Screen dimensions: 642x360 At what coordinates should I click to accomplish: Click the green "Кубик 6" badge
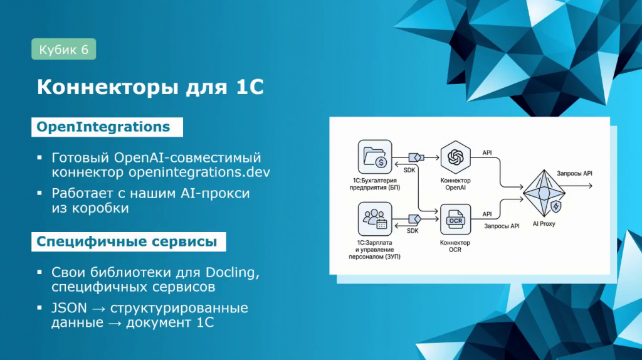[x=64, y=49]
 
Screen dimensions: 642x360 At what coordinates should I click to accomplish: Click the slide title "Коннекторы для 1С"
[x=150, y=87]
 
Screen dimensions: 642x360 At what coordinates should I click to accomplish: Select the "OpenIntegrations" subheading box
[x=107, y=127]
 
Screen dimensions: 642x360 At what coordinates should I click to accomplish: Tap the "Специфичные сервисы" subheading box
[x=129, y=241]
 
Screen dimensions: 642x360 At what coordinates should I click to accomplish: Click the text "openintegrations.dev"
[x=199, y=172]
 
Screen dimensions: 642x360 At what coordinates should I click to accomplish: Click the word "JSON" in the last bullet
[x=69, y=308]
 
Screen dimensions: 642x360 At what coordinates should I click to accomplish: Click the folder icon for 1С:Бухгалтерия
[x=375, y=157]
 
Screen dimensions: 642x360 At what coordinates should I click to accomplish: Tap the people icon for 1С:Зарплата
[x=375, y=219]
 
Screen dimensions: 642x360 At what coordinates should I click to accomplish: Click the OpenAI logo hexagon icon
[x=455, y=157]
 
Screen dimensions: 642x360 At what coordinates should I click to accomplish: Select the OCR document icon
[x=455, y=220]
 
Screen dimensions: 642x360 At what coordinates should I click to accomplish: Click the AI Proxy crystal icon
[x=544, y=193]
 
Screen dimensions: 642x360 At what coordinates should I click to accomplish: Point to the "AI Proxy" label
[x=544, y=224]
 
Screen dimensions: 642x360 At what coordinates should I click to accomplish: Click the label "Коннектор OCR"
[x=455, y=246]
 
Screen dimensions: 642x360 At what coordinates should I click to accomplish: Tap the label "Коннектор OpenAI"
[x=455, y=184]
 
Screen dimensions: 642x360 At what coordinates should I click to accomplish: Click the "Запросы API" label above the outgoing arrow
[x=574, y=174]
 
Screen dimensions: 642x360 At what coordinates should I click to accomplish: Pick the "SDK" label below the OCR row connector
[x=413, y=231]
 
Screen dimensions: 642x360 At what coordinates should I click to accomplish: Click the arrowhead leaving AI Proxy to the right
[x=590, y=186]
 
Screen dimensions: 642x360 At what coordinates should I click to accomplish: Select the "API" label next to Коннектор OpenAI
[x=487, y=153]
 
